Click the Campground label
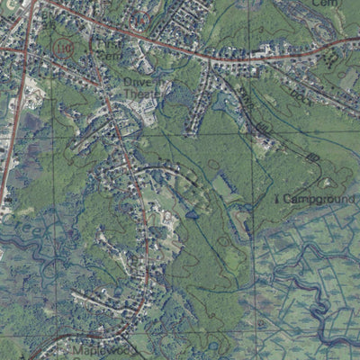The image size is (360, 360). (315, 198)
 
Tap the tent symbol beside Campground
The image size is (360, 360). (275, 197)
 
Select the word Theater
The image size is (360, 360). (139, 92)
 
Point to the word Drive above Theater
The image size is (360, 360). (139, 80)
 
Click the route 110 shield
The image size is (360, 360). (63, 47)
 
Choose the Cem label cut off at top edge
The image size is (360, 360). (322, 4)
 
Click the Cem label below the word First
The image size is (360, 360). (108, 55)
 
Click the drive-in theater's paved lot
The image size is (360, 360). (144, 112)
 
